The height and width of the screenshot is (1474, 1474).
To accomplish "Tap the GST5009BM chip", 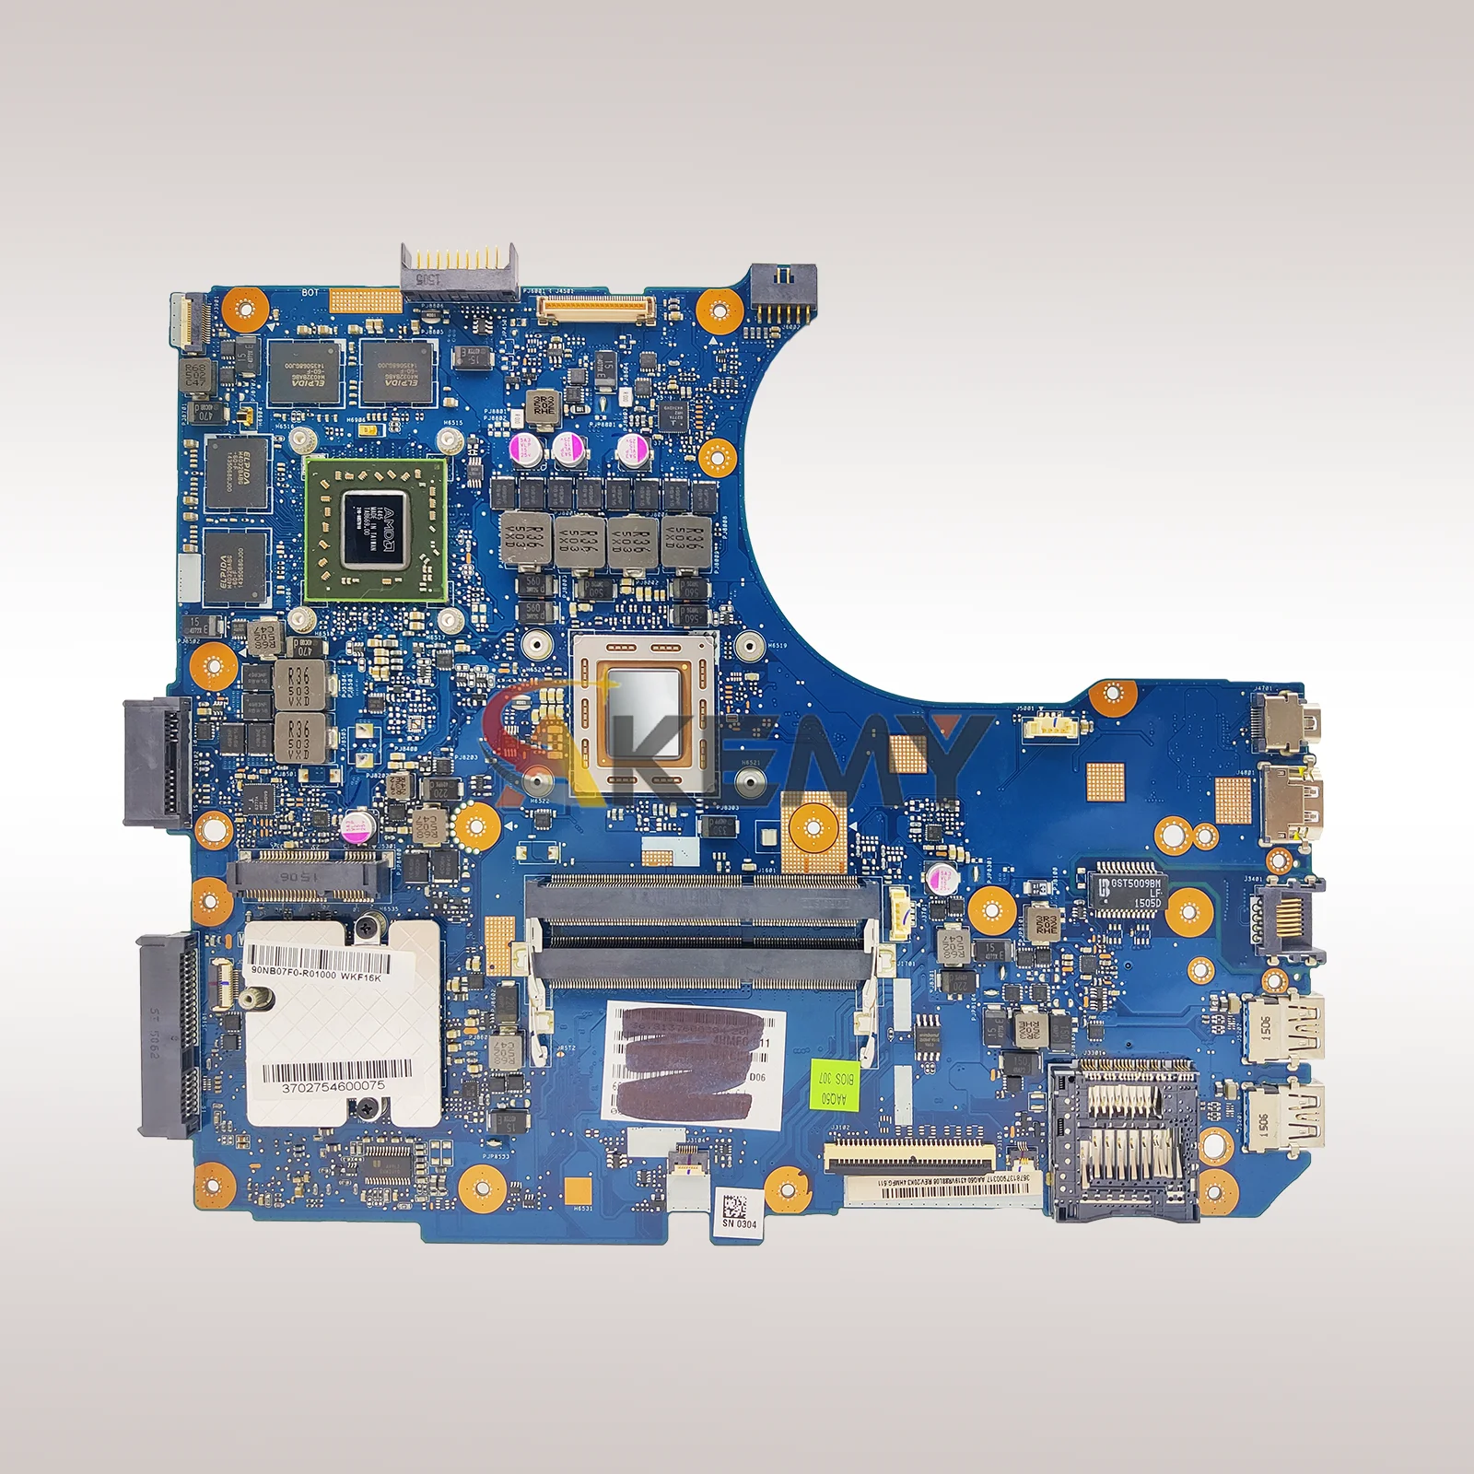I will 1129,891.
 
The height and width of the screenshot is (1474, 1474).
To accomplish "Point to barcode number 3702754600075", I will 334,1087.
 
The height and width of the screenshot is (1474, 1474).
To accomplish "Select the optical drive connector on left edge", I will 158,760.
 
